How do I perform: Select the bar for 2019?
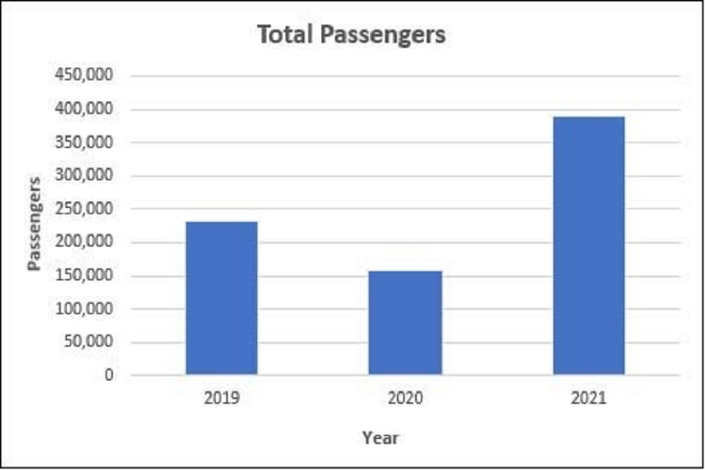pos(221,297)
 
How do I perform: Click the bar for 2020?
pos(405,322)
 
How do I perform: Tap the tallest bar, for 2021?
pos(589,245)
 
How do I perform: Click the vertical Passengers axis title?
pos(35,223)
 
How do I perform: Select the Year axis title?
pos(381,438)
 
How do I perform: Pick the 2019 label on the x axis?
pos(221,398)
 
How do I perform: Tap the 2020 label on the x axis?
pos(405,398)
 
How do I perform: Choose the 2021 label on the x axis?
pos(589,398)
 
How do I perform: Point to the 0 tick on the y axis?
pos(108,375)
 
